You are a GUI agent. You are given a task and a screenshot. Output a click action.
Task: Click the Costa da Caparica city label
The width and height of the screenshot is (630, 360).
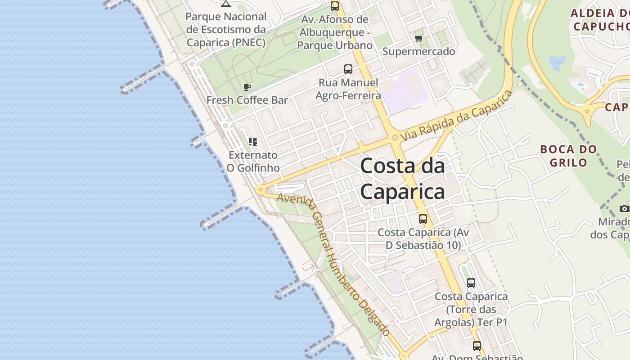pos(402,179)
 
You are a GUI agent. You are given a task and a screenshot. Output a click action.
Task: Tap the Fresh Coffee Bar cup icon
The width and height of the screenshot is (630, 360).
pos(247,87)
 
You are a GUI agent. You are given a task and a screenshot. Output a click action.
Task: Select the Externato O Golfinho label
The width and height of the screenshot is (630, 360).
pos(252,161)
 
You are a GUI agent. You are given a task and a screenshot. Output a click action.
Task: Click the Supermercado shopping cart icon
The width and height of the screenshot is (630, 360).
pos(418,38)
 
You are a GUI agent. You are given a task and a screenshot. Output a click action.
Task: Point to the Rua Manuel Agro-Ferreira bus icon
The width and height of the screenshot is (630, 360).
pos(348,69)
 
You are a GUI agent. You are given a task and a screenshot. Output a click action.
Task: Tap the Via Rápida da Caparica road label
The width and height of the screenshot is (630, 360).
pos(456,116)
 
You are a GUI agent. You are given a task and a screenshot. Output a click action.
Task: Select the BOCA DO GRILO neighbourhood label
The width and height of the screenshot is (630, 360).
pos(568,155)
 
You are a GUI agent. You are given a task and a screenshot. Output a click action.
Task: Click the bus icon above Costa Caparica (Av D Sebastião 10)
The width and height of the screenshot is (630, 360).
pos(423,219)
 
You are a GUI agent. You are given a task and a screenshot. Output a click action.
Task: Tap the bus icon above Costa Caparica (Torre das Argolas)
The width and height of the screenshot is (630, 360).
pos(471,283)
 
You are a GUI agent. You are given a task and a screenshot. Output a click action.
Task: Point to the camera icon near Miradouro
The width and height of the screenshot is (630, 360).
pos(624,208)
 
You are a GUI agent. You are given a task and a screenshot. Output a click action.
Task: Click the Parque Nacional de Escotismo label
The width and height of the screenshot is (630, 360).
pos(226,30)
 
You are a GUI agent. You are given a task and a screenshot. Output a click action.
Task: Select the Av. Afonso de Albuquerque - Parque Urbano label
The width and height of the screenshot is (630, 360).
pos(334,32)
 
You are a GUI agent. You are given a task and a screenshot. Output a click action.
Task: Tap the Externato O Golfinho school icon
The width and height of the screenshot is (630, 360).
pos(252,142)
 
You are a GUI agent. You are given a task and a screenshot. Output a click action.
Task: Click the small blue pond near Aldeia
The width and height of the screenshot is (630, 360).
pos(558,63)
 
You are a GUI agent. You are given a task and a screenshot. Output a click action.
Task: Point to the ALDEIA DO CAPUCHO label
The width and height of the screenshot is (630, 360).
pos(600,19)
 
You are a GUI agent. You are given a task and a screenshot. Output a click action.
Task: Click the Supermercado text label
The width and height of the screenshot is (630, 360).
pos(418,51)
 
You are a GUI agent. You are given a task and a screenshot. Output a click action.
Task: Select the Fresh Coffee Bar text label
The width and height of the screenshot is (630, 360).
pos(247,100)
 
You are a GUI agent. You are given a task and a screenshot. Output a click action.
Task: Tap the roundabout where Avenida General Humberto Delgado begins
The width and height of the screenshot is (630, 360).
pos(260,190)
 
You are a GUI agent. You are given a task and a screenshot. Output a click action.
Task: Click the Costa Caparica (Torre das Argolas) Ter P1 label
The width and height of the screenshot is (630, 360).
pos(471,310)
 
